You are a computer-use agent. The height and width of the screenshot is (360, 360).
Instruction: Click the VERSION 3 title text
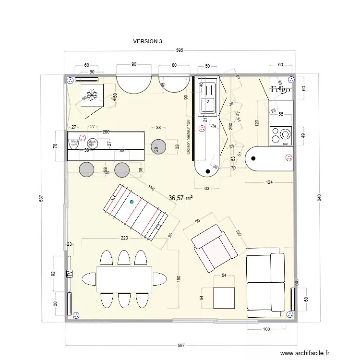[x=147, y=41]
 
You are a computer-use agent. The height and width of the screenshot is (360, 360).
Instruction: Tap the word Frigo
[x=280, y=89]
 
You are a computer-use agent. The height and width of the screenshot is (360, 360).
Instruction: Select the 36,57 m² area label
[x=181, y=197]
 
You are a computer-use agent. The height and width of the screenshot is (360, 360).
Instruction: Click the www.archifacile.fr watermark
[x=305, y=353]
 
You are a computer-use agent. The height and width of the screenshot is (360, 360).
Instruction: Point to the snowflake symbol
[x=92, y=94]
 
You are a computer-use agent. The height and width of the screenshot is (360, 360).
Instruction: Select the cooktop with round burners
[x=281, y=135]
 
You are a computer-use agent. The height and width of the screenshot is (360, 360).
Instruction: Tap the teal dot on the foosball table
[x=132, y=202]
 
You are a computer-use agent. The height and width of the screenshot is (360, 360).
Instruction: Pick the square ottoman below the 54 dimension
[x=224, y=298]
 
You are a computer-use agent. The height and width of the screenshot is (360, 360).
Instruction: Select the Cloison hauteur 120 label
[x=188, y=137]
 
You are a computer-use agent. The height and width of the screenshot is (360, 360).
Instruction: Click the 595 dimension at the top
[x=179, y=50]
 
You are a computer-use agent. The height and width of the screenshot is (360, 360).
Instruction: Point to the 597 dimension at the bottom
[x=181, y=346]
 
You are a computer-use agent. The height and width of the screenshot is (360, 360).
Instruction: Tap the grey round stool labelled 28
[x=157, y=147]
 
